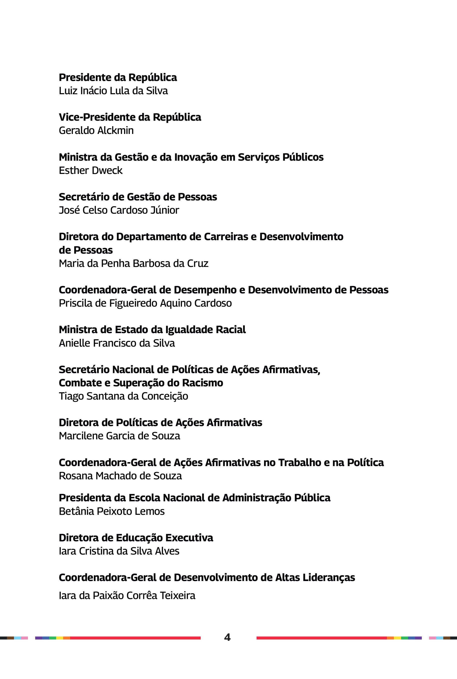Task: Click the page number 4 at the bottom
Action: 227,637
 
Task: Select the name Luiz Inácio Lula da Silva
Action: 113,91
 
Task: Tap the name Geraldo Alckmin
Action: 96,130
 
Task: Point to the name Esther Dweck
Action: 91,170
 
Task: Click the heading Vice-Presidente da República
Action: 130,117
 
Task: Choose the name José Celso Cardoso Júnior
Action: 119,210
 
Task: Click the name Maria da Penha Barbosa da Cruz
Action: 134,263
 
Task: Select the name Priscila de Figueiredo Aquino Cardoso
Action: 145,303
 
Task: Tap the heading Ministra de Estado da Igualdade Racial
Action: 152,330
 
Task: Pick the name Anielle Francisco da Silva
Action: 117,343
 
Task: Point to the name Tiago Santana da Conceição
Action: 124,396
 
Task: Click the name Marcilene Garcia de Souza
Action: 120,436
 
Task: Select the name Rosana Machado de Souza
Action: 120,476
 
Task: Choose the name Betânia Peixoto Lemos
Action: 112,511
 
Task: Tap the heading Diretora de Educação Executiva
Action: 136,538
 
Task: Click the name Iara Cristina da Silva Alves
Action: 119,551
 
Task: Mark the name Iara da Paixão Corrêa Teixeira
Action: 127,596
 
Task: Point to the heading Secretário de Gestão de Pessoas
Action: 138,197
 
